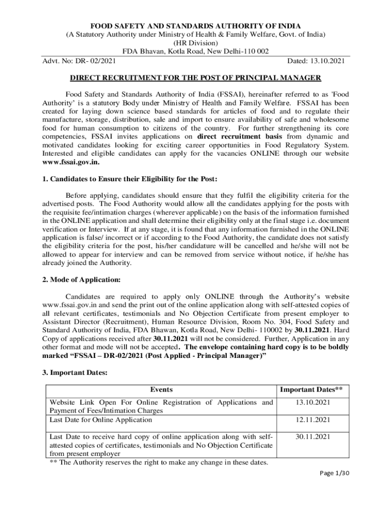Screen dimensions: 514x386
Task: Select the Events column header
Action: (161, 390)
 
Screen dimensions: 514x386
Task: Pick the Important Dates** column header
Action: (311, 390)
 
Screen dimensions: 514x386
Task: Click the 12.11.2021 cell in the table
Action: (312, 420)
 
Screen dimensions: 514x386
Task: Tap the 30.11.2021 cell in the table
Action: (312, 437)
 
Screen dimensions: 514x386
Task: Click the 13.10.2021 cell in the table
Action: (312, 403)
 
